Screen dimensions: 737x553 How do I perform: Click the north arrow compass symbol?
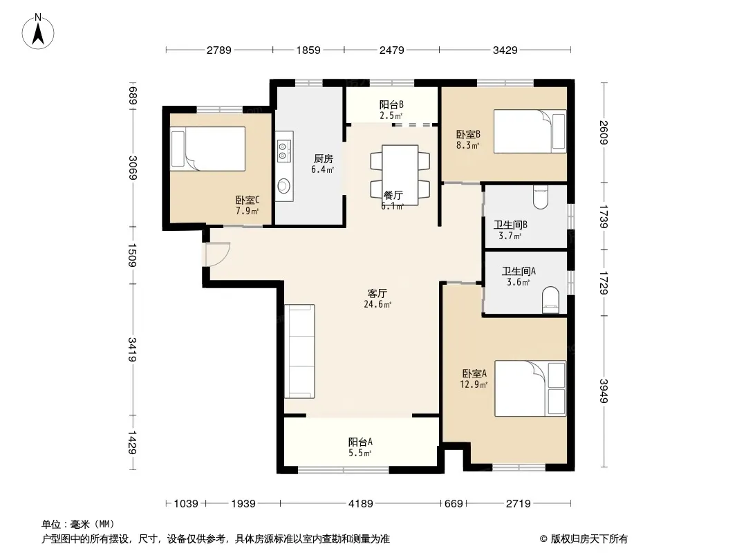tap(38, 32)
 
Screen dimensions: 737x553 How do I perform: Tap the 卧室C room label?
tap(248, 200)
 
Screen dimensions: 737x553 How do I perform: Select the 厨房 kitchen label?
tap(323, 159)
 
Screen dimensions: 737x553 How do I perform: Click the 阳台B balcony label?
tap(391, 104)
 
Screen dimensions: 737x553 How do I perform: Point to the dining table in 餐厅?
tap(400, 175)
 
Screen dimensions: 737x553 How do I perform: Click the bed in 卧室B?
tap(530, 131)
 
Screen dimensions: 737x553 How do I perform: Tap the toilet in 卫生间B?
tap(541, 197)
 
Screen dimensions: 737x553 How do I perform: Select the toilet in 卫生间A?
tap(551, 300)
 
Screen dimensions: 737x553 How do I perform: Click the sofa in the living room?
tap(299, 351)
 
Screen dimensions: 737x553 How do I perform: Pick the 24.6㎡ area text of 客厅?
tap(377, 304)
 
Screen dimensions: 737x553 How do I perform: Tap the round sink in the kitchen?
tap(284, 186)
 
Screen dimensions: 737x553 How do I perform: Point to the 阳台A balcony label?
tap(360, 442)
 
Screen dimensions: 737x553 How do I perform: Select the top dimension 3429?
tap(505, 50)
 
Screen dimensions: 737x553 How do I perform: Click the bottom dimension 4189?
tap(360, 504)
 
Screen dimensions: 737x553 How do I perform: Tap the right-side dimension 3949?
tap(604, 391)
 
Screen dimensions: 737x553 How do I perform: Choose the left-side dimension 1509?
tap(132, 255)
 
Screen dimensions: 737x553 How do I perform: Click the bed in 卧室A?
tap(530, 388)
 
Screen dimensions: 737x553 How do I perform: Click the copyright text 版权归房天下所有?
tap(589, 539)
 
